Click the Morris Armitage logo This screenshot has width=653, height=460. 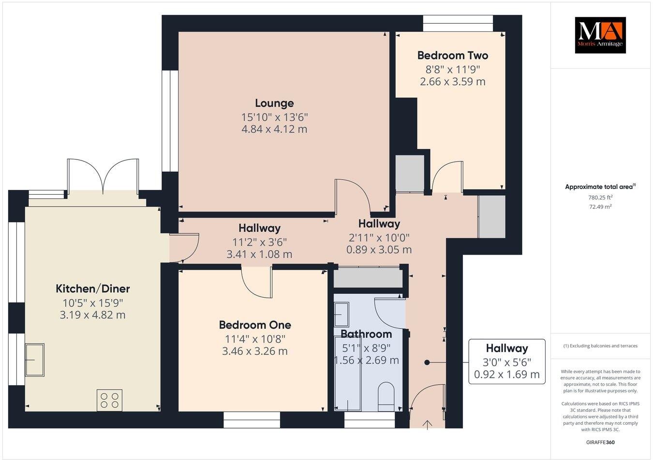(600, 35)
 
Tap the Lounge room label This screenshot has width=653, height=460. (274, 103)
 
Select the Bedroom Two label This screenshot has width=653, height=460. (452, 56)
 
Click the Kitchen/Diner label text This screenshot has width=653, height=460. (93, 289)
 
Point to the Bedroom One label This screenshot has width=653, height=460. (255, 325)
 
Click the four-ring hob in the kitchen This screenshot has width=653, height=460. (109, 400)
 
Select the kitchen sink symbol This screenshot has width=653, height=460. (34, 359)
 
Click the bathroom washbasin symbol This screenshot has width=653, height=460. (341, 315)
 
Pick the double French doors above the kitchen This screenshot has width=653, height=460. (103, 177)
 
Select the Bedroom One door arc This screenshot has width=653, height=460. (257, 283)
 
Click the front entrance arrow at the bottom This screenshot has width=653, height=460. (427, 425)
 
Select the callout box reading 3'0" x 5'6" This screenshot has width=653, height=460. (506, 361)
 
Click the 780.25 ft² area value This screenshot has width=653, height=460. (600, 197)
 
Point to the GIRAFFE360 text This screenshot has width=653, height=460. (600, 442)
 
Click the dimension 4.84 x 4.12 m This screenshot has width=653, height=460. (274, 129)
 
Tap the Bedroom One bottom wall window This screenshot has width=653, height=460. (252, 420)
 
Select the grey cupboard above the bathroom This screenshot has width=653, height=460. (368, 278)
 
